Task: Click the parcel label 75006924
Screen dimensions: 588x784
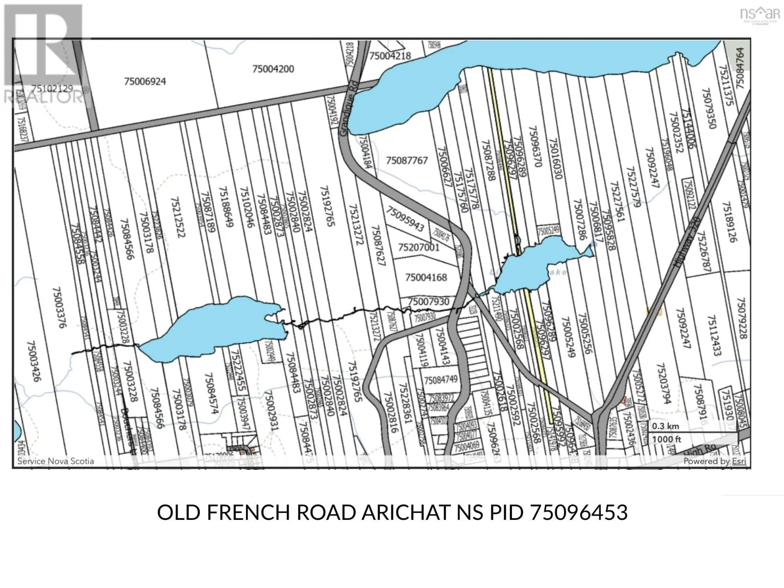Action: click(145, 81)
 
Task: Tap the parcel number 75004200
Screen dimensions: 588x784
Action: click(273, 69)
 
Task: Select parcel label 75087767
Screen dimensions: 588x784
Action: click(407, 160)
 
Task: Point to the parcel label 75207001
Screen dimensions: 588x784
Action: click(418, 247)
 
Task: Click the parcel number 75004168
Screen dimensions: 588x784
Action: click(426, 277)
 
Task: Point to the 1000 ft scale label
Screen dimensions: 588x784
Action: click(666, 439)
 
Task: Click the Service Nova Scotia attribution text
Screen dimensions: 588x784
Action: click(55, 461)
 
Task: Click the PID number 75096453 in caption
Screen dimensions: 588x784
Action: click(579, 513)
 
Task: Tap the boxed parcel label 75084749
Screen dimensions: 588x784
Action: click(441, 380)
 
